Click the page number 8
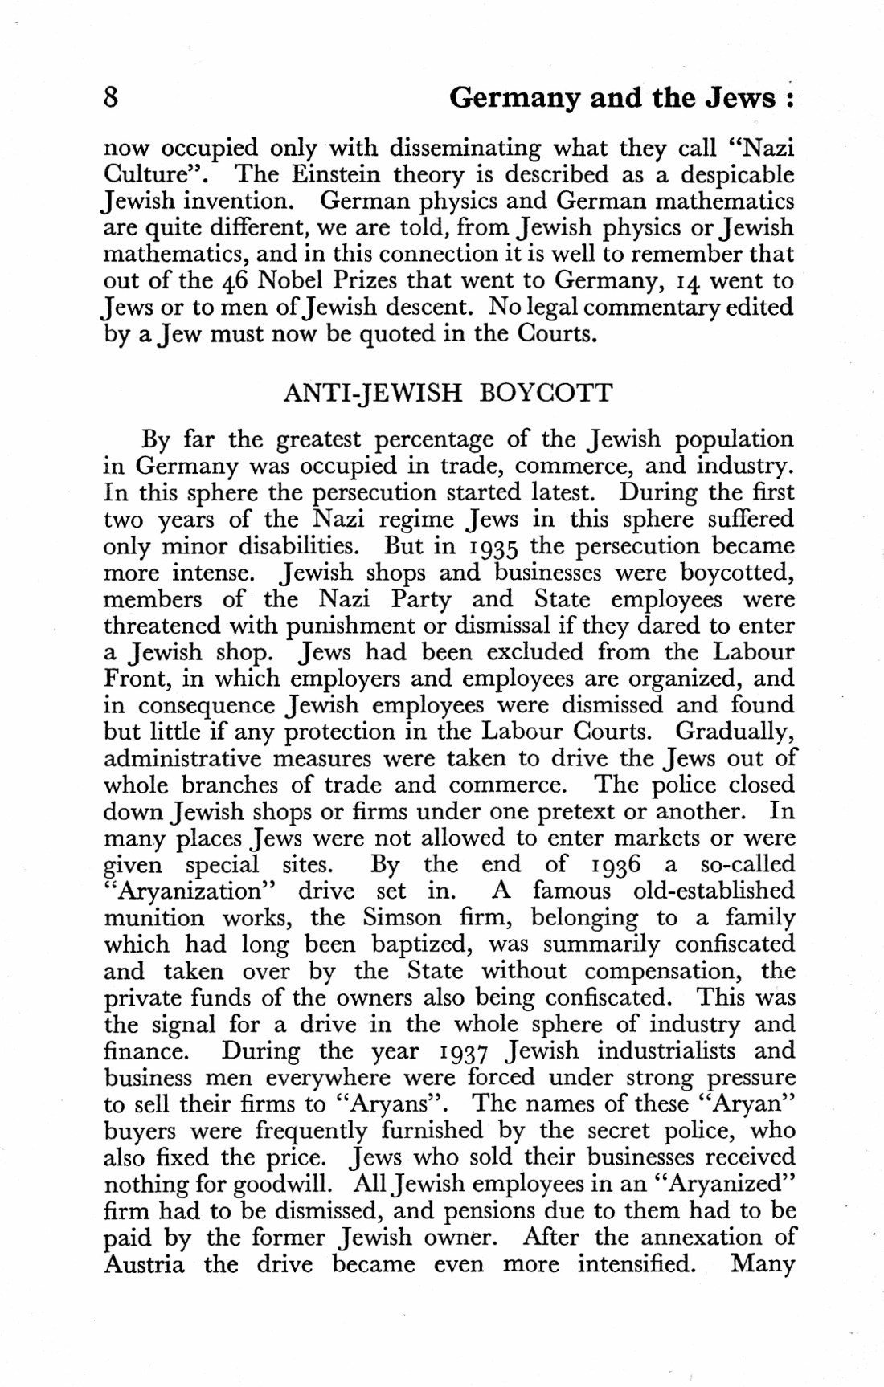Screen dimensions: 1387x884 (x=112, y=98)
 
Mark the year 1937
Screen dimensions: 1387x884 (x=462, y=1051)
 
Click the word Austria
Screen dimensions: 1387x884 (x=145, y=1265)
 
